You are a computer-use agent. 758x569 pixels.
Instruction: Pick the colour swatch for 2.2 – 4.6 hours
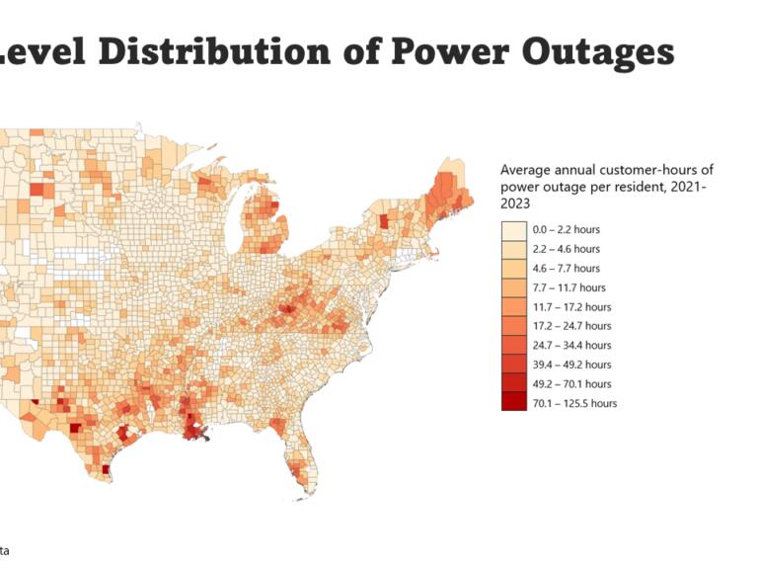(x=513, y=249)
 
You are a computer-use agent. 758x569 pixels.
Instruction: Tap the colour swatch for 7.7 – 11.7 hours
(x=513, y=287)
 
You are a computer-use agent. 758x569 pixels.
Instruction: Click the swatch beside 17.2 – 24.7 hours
(x=513, y=326)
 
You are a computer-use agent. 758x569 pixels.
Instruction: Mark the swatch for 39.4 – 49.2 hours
(x=513, y=365)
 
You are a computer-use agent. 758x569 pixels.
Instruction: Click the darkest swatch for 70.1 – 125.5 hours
(x=513, y=403)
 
